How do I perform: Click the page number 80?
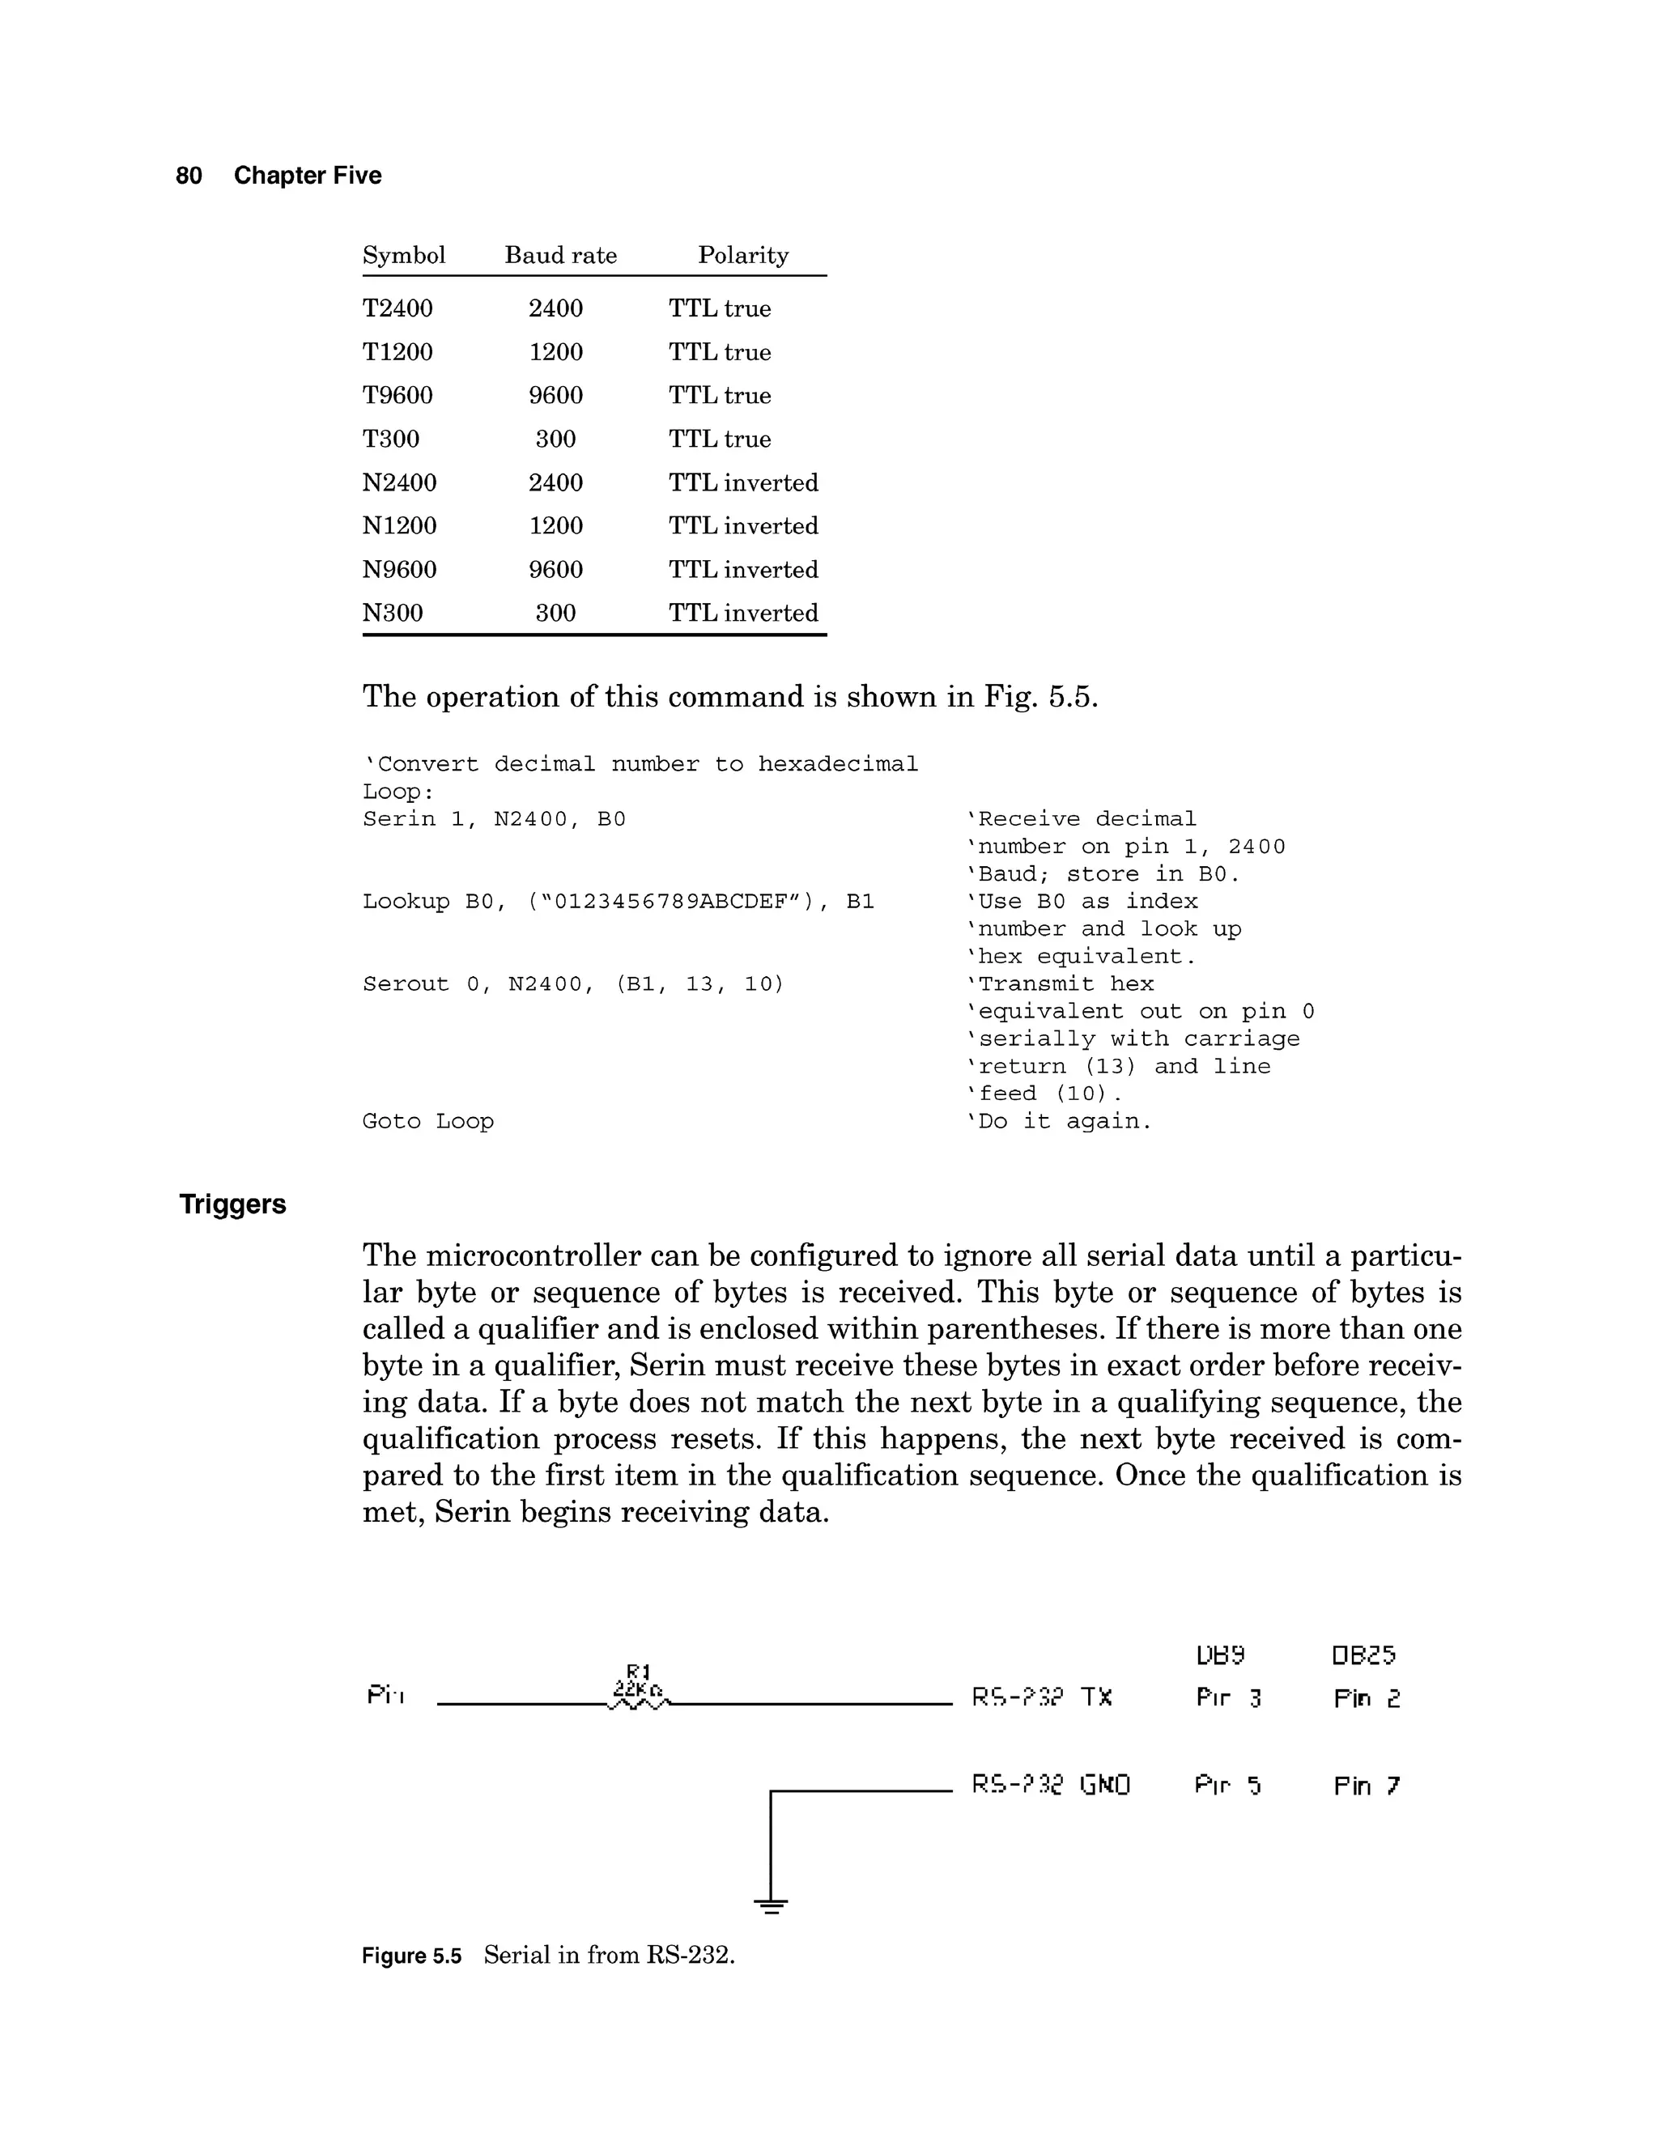(189, 176)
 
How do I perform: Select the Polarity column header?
(742, 255)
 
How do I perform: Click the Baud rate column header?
(560, 255)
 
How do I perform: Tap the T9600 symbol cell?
(397, 396)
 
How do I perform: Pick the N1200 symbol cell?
(399, 526)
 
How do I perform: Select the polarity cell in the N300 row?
(742, 613)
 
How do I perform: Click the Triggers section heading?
(233, 1204)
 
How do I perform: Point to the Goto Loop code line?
(427, 1122)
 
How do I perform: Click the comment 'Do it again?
(1059, 1122)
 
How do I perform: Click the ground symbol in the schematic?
(771, 1906)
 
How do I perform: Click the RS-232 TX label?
(1041, 1697)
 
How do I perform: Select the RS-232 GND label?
(1050, 1785)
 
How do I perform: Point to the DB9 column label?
(1220, 1656)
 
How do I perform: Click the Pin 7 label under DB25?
(1367, 1786)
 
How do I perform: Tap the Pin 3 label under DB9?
(1228, 1698)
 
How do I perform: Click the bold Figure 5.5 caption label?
(410, 1956)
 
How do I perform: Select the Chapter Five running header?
(308, 176)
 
